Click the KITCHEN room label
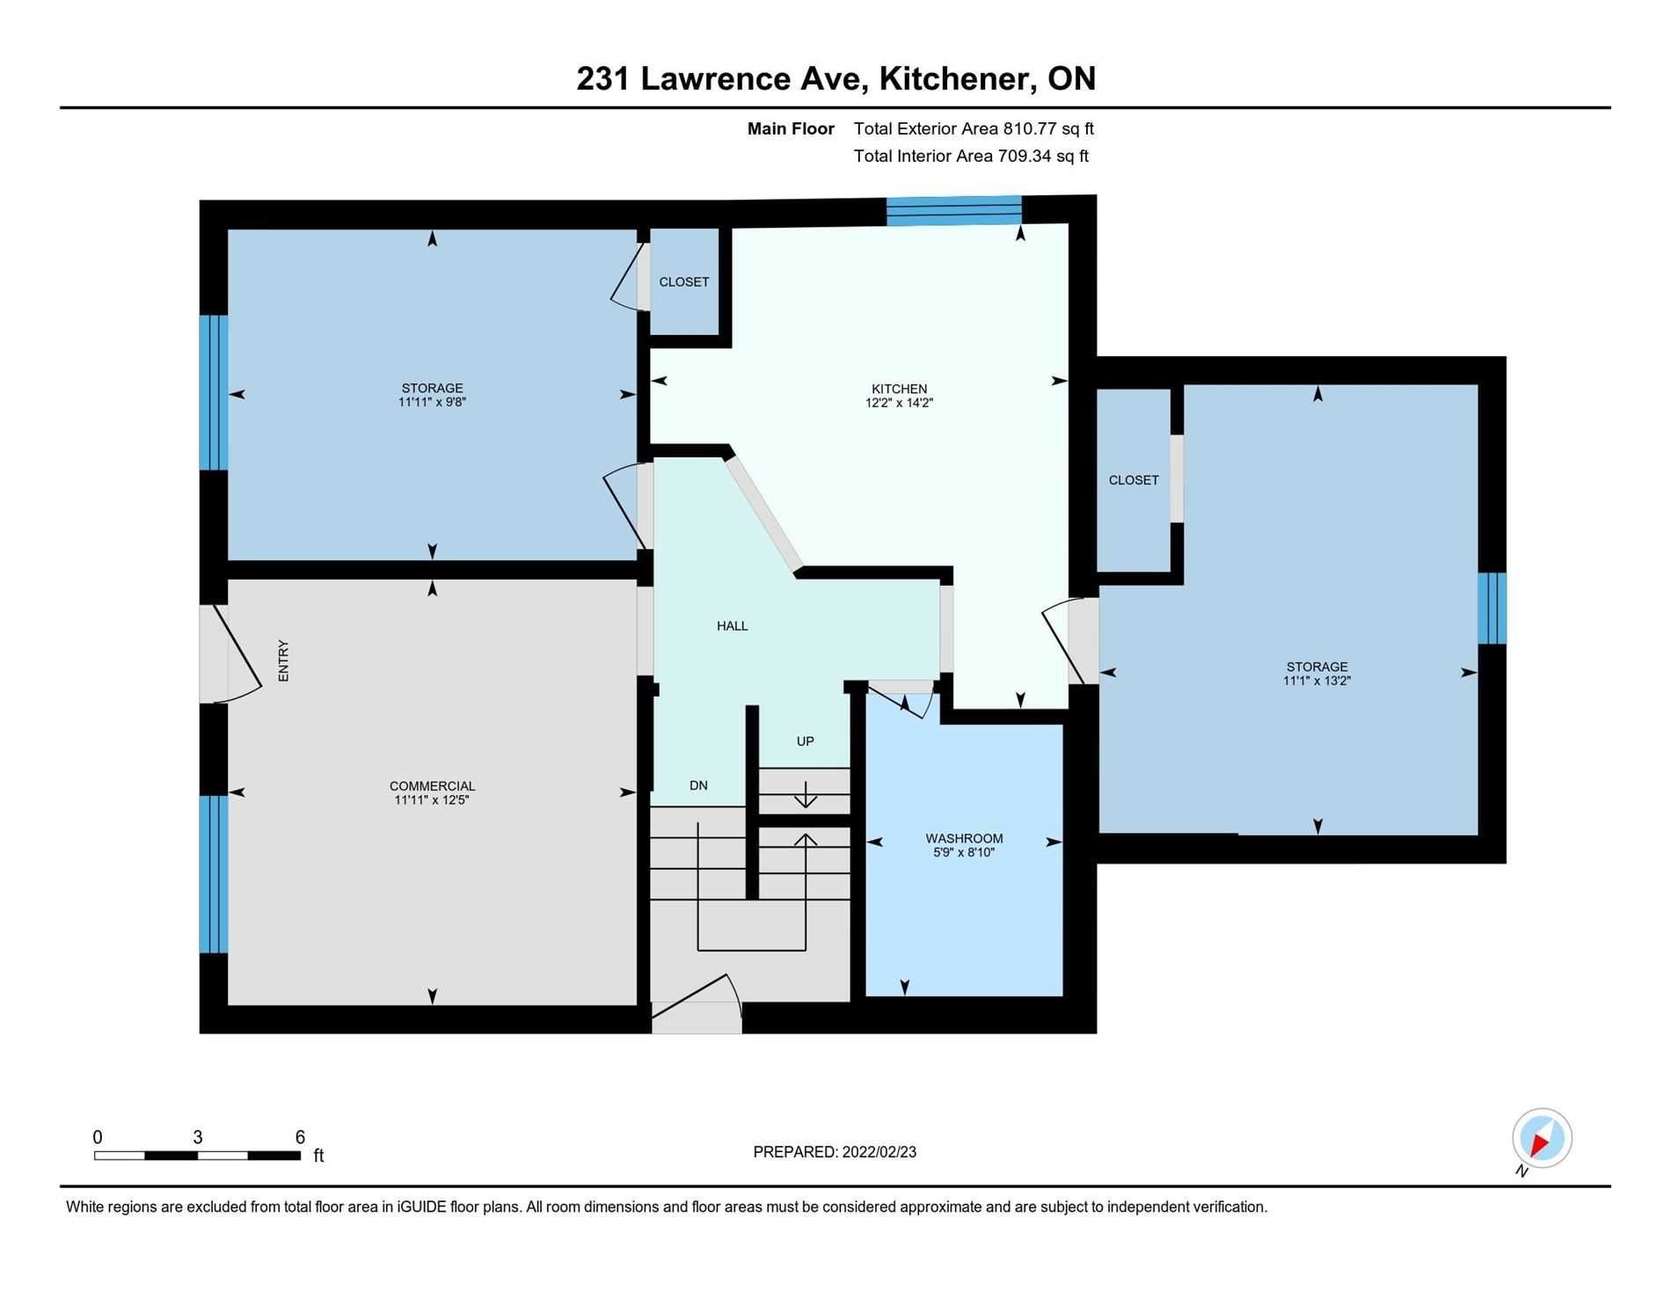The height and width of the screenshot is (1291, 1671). (x=899, y=389)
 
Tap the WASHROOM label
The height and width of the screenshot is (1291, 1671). (x=964, y=838)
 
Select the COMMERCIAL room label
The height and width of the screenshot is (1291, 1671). (x=432, y=786)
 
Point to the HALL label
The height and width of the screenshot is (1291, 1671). (x=732, y=626)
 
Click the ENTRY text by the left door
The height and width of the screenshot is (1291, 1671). (x=283, y=660)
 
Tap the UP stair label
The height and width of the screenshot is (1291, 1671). (x=805, y=741)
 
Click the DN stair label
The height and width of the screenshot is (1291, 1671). (x=698, y=785)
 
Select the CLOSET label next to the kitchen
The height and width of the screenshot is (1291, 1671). (x=684, y=281)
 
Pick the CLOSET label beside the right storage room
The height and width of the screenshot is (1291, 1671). (x=1134, y=480)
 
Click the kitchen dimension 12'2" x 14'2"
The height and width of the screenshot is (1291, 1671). (x=899, y=404)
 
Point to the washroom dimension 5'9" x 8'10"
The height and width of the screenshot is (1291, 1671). (x=964, y=852)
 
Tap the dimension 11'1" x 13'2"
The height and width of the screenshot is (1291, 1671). (x=1317, y=681)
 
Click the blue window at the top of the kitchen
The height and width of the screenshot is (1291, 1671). (x=954, y=210)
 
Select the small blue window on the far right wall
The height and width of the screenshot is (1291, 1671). (x=1492, y=609)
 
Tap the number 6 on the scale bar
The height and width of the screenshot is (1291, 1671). (x=300, y=1137)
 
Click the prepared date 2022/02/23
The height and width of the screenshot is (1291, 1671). (x=879, y=1152)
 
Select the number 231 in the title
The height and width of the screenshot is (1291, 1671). (x=603, y=78)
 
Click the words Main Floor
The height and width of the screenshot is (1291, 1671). (x=791, y=128)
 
